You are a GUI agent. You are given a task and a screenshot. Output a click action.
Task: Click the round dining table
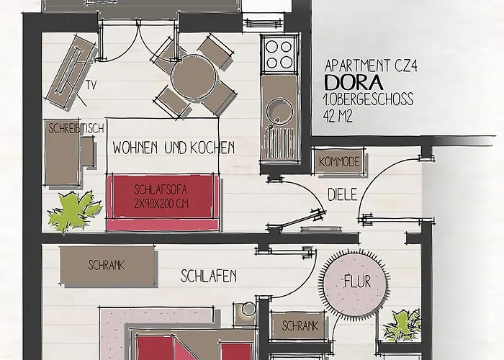[194, 78]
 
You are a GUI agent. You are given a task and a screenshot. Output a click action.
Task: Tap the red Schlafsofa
[163, 202]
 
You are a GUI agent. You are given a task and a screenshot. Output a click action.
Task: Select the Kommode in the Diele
[339, 161]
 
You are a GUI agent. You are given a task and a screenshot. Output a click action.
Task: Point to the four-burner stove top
[279, 54]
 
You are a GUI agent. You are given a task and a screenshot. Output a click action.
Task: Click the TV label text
[91, 86]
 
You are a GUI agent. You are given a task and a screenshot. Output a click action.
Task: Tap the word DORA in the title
[354, 83]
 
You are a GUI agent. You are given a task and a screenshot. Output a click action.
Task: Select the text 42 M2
[338, 116]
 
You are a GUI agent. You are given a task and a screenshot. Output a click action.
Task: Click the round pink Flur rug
[354, 282]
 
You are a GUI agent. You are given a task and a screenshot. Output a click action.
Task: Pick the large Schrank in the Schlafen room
[107, 266]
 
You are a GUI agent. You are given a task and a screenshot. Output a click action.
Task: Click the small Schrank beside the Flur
[298, 325]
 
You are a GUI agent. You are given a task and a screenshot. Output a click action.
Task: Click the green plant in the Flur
[402, 325]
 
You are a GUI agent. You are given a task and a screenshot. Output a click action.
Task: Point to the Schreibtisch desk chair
[87, 151]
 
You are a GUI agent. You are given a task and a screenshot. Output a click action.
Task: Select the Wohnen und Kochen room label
[174, 148]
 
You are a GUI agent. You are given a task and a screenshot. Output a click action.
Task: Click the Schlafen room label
[209, 276]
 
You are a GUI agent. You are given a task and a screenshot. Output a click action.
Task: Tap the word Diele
[342, 195]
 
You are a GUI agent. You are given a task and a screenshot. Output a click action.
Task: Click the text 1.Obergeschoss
[369, 99]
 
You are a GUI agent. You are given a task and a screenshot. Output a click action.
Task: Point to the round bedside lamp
[248, 309]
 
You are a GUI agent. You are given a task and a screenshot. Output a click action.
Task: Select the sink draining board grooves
[279, 143]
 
